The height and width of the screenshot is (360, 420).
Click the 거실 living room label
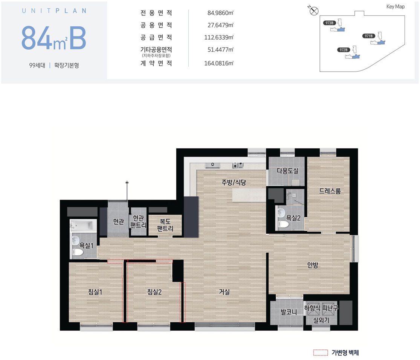point(224,292)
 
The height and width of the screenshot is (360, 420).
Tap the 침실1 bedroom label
point(95,292)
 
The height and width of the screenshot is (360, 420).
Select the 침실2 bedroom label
point(154,292)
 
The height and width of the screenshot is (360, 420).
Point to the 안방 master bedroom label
point(313,265)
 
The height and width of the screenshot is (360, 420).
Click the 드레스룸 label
point(330,191)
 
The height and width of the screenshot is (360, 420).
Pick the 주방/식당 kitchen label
point(234,182)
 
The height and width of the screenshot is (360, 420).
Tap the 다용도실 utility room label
point(287,171)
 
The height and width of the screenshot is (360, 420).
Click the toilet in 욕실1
point(78,252)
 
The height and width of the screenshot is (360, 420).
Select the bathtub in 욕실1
point(83,226)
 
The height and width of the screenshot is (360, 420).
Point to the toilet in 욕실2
point(283,224)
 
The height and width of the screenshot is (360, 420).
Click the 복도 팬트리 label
point(165,225)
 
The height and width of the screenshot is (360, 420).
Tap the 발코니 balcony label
point(289,312)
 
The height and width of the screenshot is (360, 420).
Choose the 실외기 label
point(321,320)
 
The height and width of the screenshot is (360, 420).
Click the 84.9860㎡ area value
point(220,13)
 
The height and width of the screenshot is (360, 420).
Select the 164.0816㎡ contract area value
point(219,63)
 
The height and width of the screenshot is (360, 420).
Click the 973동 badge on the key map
point(330,23)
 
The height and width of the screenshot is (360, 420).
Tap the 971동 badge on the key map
point(368,36)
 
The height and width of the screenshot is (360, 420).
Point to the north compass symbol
point(314,11)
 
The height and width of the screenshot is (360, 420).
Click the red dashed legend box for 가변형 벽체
point(321,352)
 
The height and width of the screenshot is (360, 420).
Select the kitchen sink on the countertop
point(212,165)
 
